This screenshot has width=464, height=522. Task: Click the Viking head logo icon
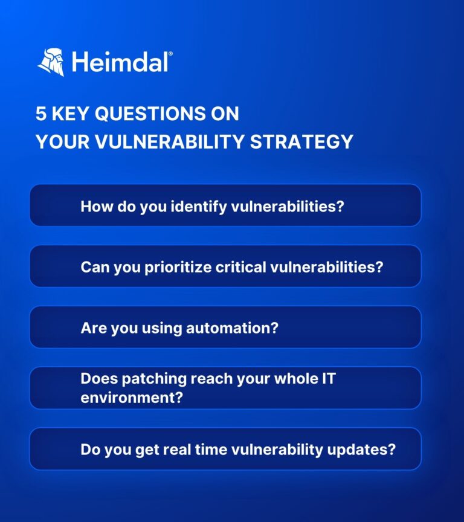tap(51, 62)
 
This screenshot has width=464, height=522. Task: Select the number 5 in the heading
tap(41, 113)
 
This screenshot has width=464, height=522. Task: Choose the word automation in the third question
tap(240, 328)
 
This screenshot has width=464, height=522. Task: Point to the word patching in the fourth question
tap(150, 379)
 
